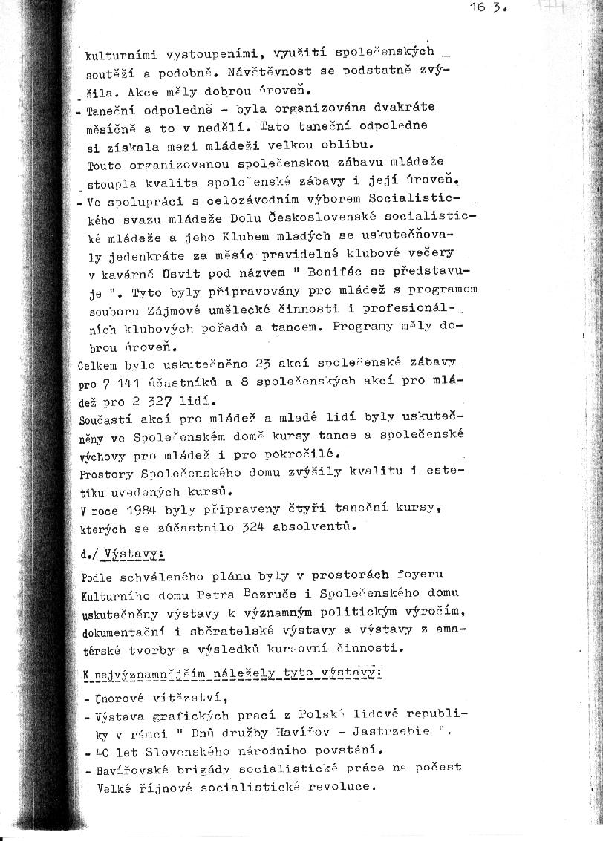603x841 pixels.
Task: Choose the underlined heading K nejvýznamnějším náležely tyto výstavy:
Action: click(233, 673)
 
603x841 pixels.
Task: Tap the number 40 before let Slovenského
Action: click(103, 750)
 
